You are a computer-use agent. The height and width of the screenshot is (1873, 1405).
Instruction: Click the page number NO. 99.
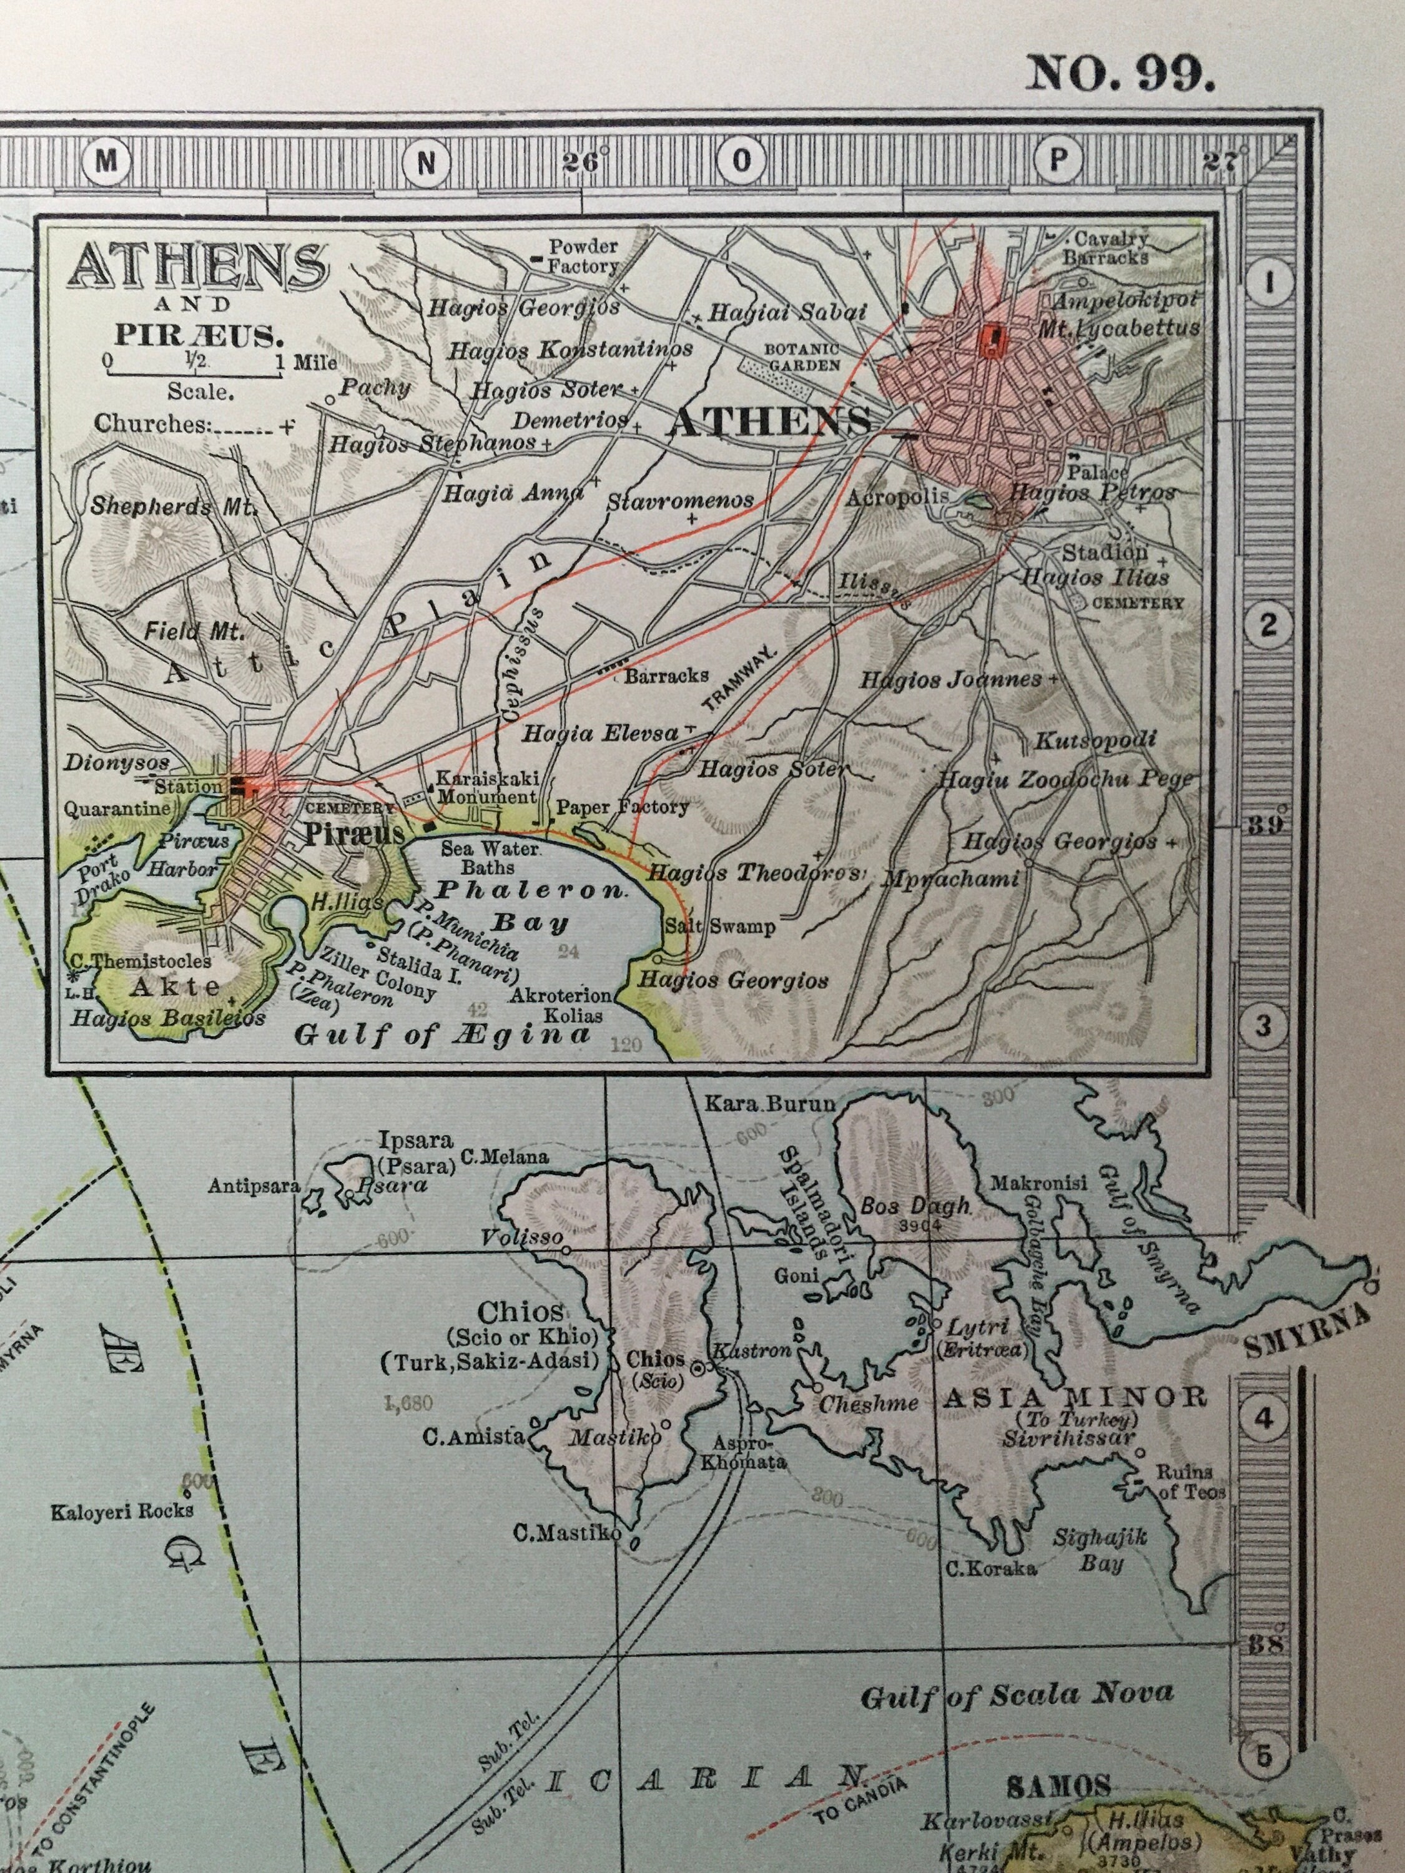tap(1120, 73)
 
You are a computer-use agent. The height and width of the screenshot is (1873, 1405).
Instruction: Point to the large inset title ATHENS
tap(198, 265)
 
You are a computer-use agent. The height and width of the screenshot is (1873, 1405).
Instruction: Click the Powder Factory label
tap(583, 256)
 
